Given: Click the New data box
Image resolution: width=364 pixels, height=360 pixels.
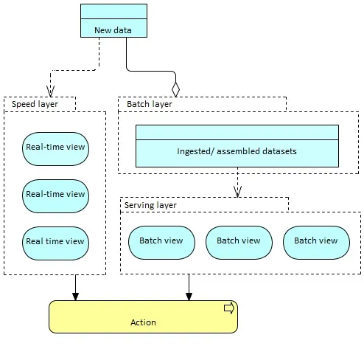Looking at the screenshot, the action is point(113,21).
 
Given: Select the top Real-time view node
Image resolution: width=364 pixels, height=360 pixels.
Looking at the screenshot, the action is point(55,149).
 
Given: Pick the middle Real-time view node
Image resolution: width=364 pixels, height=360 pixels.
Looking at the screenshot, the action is point(55,196).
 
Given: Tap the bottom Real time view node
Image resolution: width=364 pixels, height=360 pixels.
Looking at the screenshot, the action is point(55,243).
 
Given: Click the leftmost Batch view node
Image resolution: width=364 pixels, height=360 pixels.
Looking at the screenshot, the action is point(161,243).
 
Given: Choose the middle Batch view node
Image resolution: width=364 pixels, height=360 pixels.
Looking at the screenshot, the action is point(239,243).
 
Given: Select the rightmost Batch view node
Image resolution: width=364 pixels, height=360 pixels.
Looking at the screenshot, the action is point(316,243).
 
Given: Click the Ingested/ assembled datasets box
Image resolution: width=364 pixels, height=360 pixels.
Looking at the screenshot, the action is point(237,146).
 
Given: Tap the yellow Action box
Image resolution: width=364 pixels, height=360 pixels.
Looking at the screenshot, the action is point(143,316).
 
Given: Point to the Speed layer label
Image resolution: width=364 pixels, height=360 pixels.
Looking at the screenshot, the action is point(35,104).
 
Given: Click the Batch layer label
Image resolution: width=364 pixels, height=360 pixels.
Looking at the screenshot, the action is point(150,104).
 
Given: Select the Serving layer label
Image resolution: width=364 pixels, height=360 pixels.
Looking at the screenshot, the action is point(150,205).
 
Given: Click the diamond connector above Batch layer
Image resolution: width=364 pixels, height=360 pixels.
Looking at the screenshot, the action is point(175,89).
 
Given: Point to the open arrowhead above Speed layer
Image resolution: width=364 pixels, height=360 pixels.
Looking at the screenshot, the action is point(50,91).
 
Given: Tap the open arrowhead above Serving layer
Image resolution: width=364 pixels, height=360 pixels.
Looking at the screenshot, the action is point(237,192).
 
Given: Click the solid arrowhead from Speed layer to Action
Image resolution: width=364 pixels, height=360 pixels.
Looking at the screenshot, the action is point(75,297).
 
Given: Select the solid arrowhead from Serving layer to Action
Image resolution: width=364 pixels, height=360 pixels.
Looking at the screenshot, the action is point(189,297).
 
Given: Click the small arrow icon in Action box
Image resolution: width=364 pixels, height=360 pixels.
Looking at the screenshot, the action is point(229,308).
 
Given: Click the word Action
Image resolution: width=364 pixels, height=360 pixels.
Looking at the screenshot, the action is point(143,322).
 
